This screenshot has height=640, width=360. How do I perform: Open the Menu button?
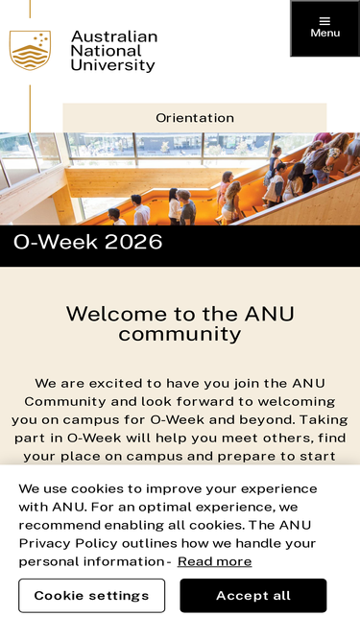click(324, 28)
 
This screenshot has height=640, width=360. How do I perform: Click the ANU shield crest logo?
click(30, 50)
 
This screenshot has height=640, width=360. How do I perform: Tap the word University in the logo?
click(113, 65)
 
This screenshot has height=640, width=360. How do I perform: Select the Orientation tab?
click(195, 118)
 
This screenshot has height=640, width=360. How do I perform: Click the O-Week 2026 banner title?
click(87, 242)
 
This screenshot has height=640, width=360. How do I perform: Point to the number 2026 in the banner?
click(133, 242)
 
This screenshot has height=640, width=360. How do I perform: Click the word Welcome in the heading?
click(116, 315)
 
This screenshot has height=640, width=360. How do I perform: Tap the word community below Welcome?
click(180, 334)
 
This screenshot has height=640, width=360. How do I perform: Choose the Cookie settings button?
click(92, 596)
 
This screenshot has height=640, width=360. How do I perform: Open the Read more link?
click(215, 561)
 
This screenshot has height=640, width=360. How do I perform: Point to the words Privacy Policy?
click(68, 544)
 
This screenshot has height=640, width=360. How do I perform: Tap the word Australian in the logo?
click(114, 36)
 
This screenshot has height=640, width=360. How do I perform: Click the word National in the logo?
click(107, 51)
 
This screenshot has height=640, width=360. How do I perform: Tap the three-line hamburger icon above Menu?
click(324, 21)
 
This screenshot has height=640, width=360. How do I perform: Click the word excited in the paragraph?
click(115, 384)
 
